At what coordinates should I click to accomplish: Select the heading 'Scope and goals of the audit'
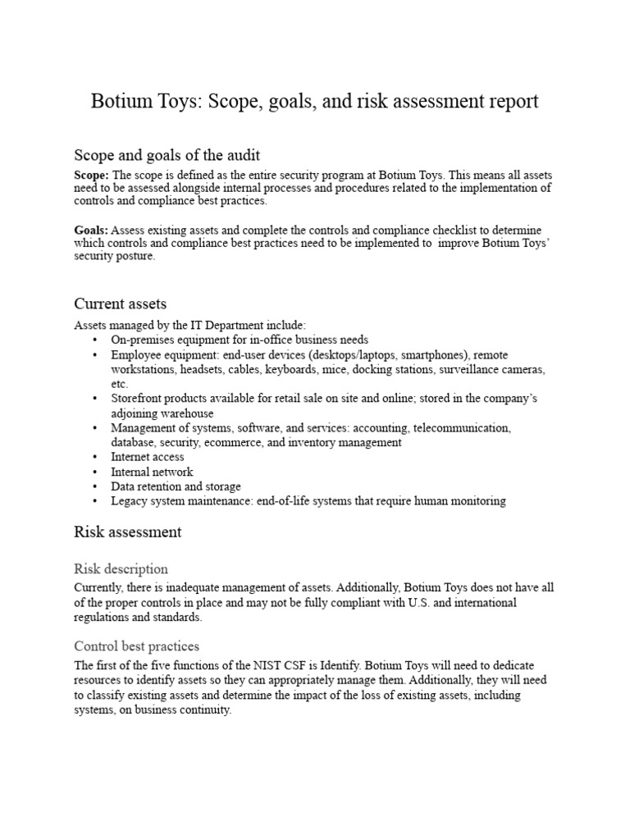[167, 154]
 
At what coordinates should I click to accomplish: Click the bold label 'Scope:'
[91, 175]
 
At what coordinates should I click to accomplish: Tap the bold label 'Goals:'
[91, 231]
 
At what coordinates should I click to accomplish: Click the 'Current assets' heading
[121, 304]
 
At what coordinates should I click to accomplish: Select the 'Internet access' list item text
[148, 457]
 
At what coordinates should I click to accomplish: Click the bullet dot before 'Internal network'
[95, 472]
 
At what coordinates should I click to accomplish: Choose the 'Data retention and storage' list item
[176, 486]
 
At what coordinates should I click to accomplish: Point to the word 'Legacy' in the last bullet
[130, 500]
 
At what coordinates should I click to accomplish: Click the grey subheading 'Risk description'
[121, 568]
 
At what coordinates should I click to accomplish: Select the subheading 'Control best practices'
[136, 646]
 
